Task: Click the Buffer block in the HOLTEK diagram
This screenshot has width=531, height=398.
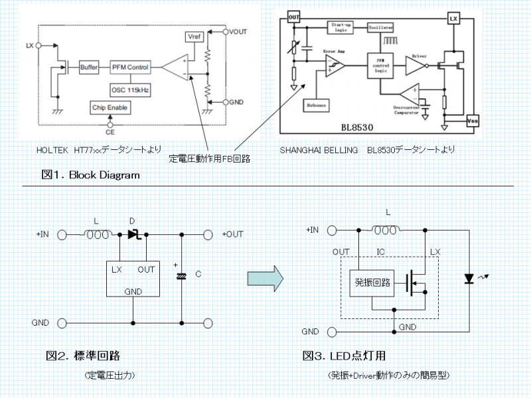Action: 88,68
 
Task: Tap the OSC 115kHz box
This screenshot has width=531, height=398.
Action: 130,88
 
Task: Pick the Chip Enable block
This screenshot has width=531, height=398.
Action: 110,107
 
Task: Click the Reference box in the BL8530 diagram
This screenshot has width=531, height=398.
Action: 317,105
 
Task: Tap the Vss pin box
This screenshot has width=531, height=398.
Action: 473,121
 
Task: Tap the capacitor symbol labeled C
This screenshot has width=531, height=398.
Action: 181,275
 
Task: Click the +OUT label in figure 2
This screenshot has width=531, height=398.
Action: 232,233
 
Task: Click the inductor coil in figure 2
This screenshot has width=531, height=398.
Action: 98,234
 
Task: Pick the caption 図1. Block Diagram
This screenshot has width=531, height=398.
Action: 90,174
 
